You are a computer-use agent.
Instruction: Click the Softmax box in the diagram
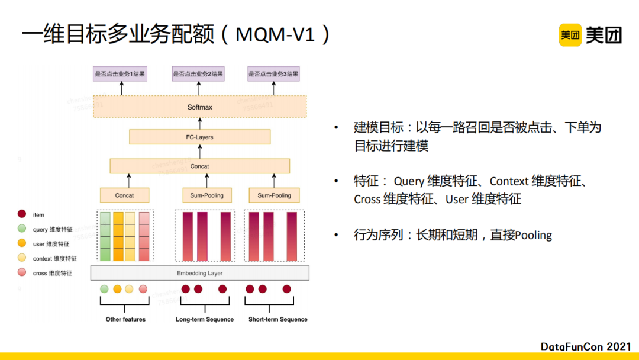[x=200, y=107]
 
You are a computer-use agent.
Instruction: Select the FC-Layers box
[x=200, y=137]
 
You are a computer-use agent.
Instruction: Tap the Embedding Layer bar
[x=200, y=273]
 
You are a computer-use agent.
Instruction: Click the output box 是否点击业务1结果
[x=120, y=74]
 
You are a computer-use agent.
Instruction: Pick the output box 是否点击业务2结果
[x=198, y=74]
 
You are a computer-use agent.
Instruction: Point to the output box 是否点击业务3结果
[x=273, y=74]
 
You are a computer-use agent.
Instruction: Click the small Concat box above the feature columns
[x=124, y=195]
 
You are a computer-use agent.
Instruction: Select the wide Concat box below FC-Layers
[x=200, y=166]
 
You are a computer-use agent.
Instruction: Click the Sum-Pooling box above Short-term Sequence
[x=274, y=195]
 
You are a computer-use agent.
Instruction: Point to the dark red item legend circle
[x=22, y=214]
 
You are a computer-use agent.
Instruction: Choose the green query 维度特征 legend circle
[x=22, y=229]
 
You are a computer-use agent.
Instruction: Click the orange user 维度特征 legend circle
[x=22, y=243]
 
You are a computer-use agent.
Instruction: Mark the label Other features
[x=125, y=319]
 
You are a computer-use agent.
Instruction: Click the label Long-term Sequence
[x=205, y=319]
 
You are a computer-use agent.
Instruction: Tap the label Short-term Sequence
[x=278, y=319]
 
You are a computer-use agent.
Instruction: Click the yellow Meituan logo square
[x=570, y=35]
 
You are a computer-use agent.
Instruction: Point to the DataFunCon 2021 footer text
[x=586, y=346]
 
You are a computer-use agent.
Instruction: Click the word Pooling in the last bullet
[x=534, y=235]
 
